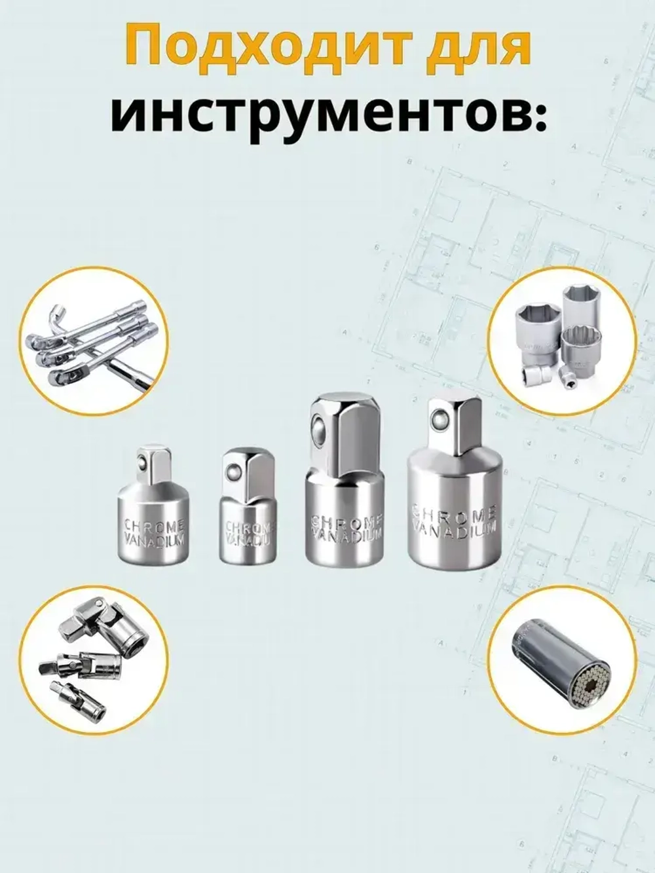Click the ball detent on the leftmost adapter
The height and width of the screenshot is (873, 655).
click(x=143, y=463)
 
